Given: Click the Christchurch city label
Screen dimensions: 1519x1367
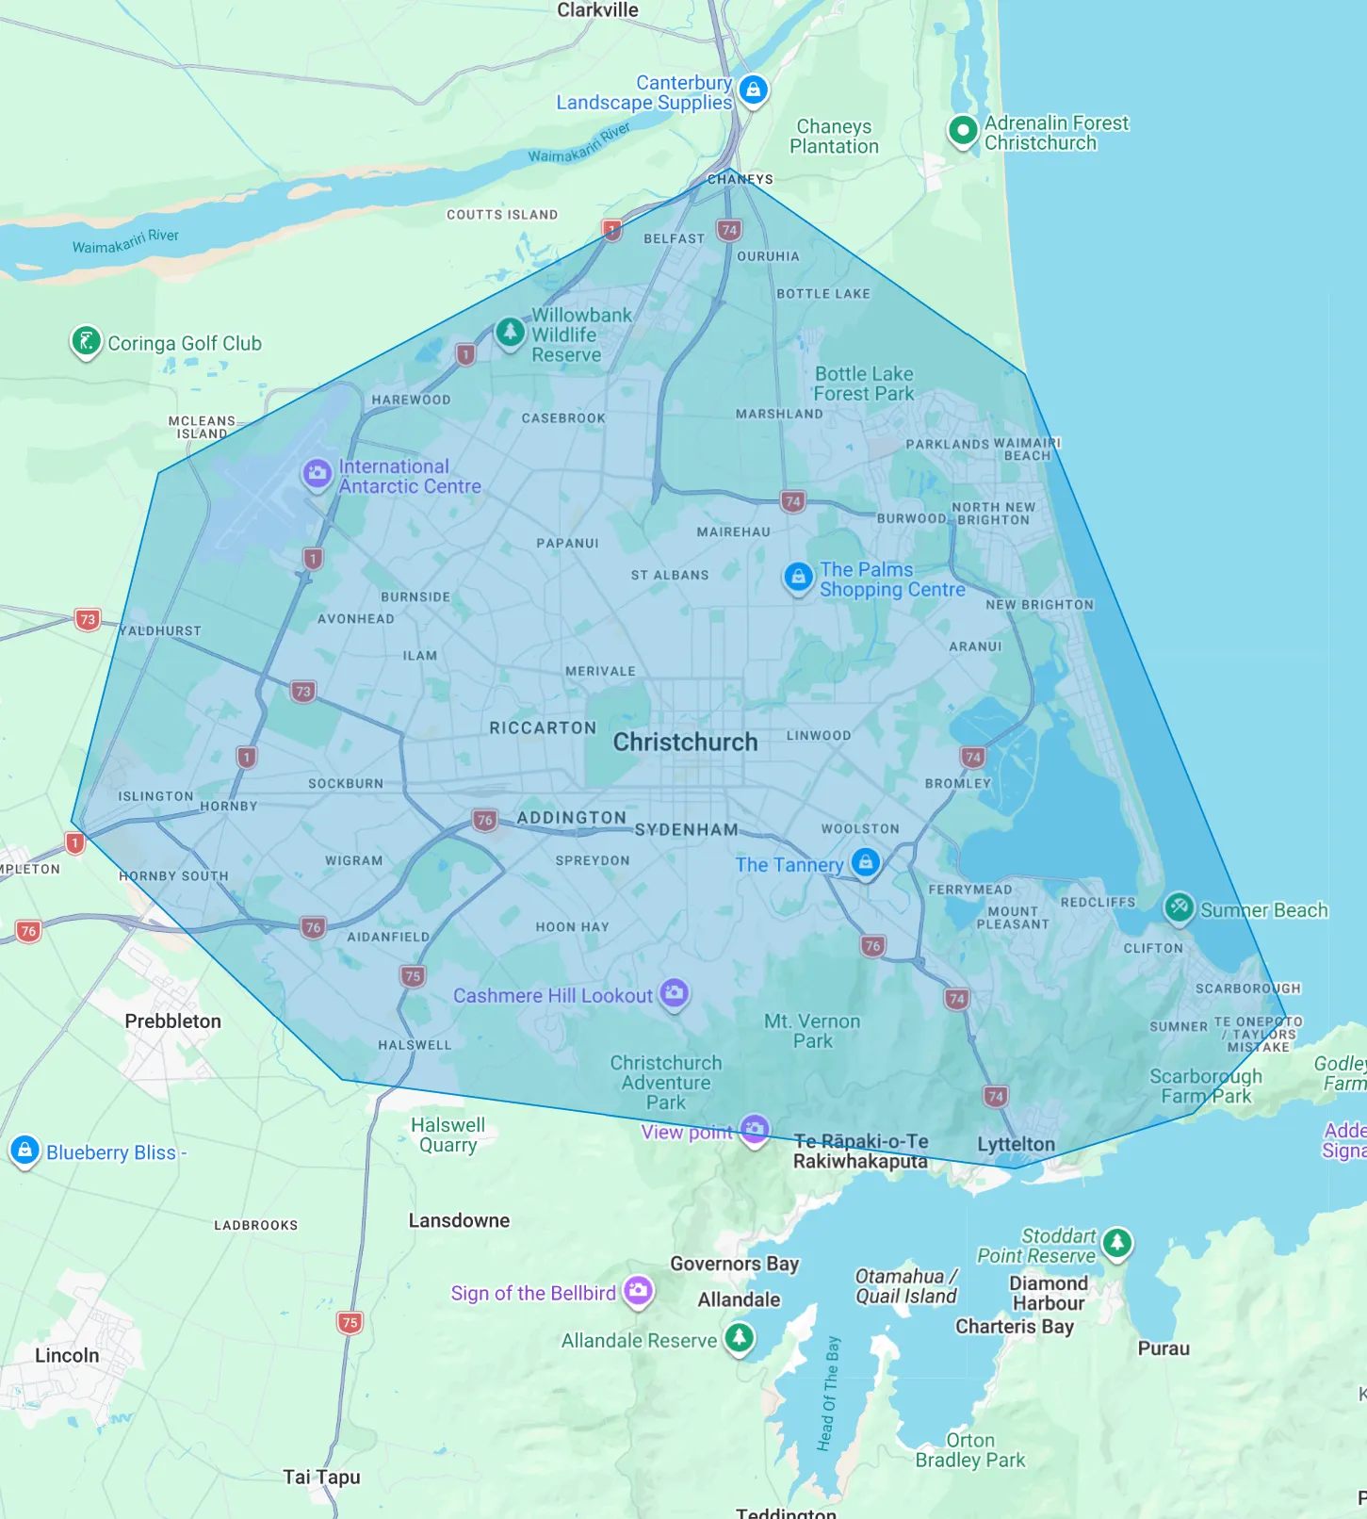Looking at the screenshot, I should pyautogui.click(x=685, y=743).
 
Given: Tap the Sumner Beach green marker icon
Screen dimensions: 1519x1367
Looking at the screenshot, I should pyautogui.click(x=1179, y=907).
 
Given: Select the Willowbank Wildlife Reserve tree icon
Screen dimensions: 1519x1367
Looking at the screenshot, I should pyautogui.click(x=510, y=332).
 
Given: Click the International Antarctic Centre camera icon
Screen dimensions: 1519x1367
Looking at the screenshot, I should pyautogui.click(x=317, y=473).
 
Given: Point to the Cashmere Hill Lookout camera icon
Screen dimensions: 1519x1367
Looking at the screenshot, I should pyautogui.click(x=674, y=992).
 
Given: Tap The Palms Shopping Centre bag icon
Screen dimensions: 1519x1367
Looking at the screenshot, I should pyautogui.click(x=798, y=576).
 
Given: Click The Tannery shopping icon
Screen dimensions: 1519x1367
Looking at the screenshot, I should pyautogui.click(x=865, y=861).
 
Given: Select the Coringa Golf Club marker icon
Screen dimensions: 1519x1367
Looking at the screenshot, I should pyautogui.click(x=86, y=341).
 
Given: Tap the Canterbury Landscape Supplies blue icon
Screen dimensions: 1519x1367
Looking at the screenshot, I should pyautogui.click(x=753, y=90).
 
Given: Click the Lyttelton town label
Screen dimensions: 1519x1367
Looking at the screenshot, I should pyautogui.click(x=1016, y=1144).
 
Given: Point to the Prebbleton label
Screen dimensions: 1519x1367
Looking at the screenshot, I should pyautogui.click(x=173, y=1021).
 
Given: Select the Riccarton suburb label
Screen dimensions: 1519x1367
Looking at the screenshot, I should pyautogui.click(x=543, y=727).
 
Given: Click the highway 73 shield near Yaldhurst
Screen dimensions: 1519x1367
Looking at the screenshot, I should pyautogui.click(x=88, y=619).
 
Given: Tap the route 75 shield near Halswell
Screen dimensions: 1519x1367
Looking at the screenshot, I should pyautogui.click(x=413, y=976).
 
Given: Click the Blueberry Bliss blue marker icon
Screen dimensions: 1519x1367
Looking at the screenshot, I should pyautogui.click(x=24, y=1150).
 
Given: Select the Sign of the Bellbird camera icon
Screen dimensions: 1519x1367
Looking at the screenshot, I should pyautogui.click(x=638, y=1290).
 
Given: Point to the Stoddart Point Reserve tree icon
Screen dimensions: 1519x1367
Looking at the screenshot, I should pyautogui.click(x=1117, y=1242).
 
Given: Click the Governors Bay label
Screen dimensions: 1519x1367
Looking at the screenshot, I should pyautogui.click(x=734, y=1264).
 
